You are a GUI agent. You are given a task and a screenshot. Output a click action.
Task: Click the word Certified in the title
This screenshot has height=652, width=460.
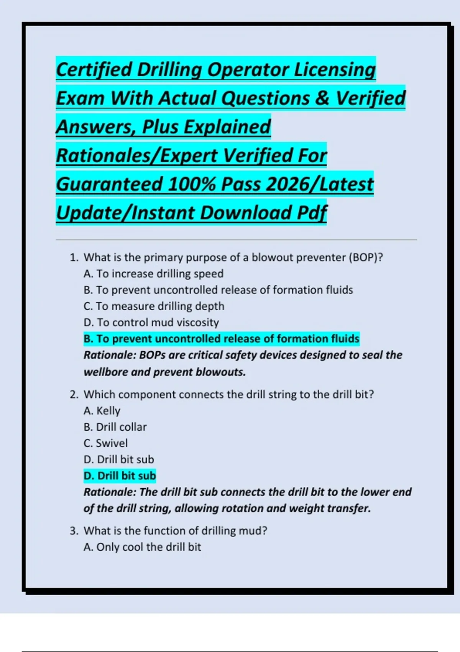(94, 69)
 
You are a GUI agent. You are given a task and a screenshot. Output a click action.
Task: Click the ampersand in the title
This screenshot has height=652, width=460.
(323, 98)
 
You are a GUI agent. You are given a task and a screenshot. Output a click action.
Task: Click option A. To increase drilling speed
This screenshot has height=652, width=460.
(153, 273)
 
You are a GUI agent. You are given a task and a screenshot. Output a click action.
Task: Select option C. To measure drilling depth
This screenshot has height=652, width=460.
(154, 306)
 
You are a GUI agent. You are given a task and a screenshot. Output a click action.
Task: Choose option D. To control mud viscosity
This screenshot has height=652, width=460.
(151, 322)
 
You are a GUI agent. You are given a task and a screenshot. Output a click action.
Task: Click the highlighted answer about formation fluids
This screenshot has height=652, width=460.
(221, 339)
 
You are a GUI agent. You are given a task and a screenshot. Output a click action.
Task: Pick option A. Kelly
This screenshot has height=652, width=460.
(102, 411)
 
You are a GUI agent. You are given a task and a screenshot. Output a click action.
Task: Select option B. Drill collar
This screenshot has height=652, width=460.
(115, 427)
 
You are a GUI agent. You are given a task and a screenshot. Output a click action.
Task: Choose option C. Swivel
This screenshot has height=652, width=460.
(105, 443)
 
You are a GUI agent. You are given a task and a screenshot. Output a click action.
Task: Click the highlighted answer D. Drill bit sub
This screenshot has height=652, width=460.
(120, 476)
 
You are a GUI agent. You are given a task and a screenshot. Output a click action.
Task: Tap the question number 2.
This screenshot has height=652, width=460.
(74, 395)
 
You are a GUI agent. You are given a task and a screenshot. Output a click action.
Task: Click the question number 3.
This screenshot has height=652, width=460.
(74, 531)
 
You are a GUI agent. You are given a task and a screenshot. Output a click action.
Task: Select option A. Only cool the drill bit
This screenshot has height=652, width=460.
(142, 547)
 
